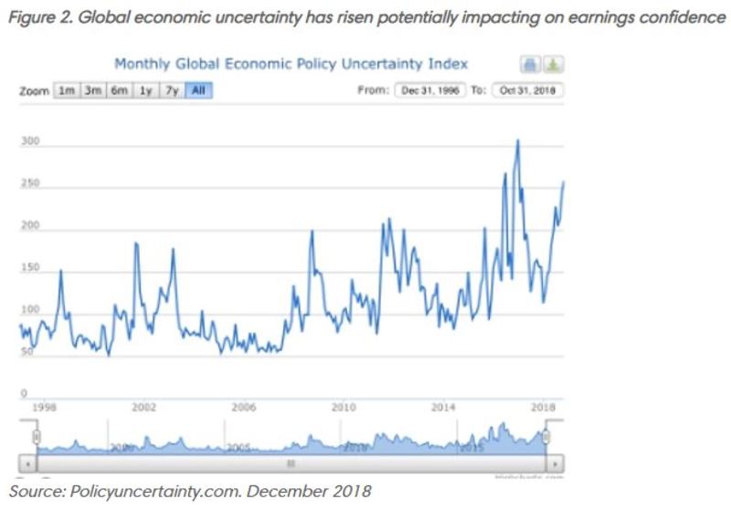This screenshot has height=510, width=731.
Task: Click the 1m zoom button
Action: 66,90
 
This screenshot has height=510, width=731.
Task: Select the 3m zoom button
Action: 92,90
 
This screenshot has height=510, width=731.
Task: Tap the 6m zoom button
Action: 119,90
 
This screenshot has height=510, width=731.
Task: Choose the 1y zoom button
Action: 145,90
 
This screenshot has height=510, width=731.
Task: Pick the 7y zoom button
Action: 171,90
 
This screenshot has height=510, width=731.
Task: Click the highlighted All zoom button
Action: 197,90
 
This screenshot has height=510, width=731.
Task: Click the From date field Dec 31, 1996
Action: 429,90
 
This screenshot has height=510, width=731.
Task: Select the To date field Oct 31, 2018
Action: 528,90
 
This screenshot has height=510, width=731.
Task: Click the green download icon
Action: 555,65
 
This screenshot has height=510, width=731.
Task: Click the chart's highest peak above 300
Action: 517,141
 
